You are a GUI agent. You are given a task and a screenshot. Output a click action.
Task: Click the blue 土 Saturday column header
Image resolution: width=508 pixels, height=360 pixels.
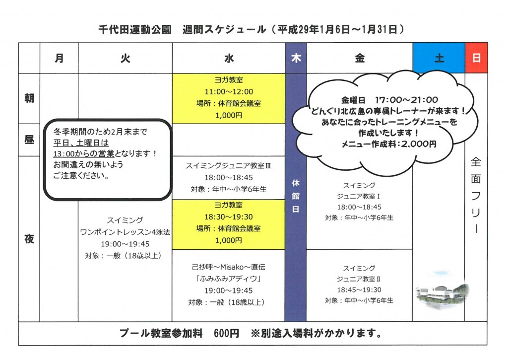[x=439, y=58]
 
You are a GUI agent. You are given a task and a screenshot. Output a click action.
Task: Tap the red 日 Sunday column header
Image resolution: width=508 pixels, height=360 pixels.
[x=476, y=58]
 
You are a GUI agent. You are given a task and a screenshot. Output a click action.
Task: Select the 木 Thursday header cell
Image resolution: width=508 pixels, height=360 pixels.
[x=296, y=58]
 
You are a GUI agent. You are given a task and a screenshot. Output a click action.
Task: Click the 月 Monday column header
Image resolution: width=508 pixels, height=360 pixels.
[x=59, y=58]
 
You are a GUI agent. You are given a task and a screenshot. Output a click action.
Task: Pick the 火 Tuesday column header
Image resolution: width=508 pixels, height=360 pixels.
[x=125, y=58]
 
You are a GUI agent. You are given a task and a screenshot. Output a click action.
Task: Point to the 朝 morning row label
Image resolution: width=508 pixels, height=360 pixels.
[x=29, y=98]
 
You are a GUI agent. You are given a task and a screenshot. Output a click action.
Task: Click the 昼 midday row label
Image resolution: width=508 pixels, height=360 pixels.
[x=29, y=140]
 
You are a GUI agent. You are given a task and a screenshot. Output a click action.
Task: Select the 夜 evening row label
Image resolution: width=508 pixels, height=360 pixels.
[x=29, y=239]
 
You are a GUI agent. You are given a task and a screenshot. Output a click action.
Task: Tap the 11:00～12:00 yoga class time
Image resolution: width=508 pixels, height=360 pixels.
[x=229, y=92]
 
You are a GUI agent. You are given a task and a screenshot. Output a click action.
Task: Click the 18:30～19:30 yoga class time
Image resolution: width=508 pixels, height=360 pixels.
[x=228, y=216]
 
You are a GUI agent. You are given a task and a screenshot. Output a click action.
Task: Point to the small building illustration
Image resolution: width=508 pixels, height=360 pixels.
[x=442, y=292]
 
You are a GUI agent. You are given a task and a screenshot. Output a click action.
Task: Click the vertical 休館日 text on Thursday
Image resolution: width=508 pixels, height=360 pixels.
[x=296, y=196]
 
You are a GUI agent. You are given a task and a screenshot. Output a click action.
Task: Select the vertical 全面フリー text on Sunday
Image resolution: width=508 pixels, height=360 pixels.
[x=476, y=195]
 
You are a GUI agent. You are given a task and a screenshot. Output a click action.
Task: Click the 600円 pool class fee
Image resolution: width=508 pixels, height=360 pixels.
[x=226, y=333]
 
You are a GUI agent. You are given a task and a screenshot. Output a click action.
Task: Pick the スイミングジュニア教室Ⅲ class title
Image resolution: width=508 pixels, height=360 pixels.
[x=228, y=166]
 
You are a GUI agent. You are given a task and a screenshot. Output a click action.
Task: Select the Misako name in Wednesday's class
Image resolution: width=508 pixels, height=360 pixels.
[x=232, y=267]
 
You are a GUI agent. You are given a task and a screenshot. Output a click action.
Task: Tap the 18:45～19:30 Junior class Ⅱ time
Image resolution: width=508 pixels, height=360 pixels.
[x=359, y=289]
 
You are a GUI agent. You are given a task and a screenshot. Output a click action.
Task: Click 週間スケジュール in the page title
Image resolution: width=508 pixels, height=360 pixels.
[x=224, y=29]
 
